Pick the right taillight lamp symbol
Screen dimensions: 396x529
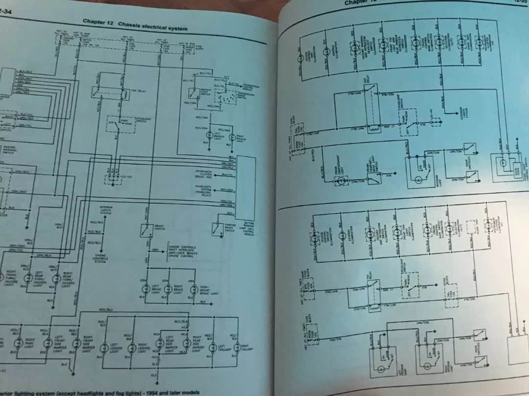point(237,348)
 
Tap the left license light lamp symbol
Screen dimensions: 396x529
point(104,349)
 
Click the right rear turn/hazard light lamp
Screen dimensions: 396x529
point(53,277)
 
